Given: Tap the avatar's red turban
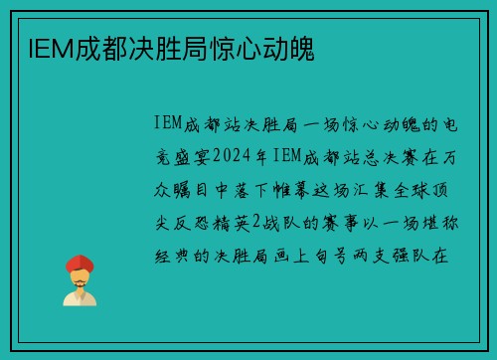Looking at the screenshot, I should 80,265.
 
